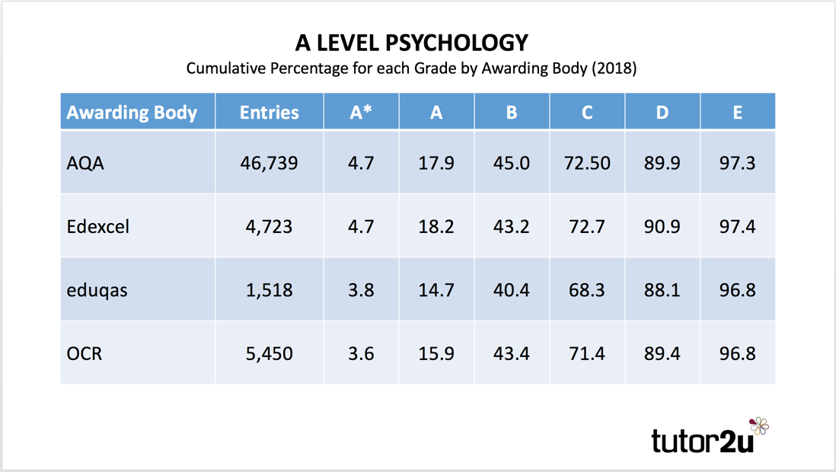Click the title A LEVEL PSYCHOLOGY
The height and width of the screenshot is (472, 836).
(x=411, y=42)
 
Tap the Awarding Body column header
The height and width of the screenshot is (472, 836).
(x=132, y=113)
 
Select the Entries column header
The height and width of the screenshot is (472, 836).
(x=269, y=113)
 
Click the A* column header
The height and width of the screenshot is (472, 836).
(x=361, y=113)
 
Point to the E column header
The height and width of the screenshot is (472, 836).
(x=737, y=113)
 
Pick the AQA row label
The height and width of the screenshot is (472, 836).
(x=85, y=163)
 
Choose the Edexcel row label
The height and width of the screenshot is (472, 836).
(x=98, y=227)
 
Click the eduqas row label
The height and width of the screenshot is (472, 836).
(x=97, y=290)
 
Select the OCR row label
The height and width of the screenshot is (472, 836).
(x=85, y=354)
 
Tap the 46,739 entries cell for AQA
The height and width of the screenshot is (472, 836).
(x=269, y=163)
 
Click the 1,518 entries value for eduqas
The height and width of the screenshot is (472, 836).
(x=269, y=290)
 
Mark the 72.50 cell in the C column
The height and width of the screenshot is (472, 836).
(x=587, y=163)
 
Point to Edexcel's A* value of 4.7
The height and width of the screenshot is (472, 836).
(x=361, y=227)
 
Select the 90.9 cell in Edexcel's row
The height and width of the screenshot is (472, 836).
(x=662, y=227)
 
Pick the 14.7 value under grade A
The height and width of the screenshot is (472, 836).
(x=436, y=290)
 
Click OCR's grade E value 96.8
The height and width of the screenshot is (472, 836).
(x=737, y=354)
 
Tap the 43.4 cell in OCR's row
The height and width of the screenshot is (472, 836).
(x=511, y=354)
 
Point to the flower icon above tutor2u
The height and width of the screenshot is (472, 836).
(x=758, y=426)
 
